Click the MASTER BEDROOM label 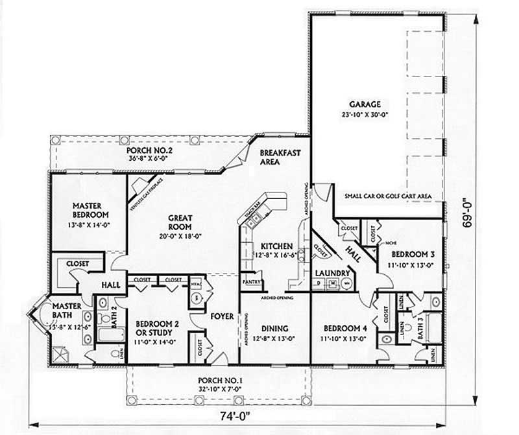(x=90, y=211)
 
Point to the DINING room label (x=276, y=329)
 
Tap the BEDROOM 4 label (x=341, y=329)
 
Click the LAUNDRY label (x=333, y=274)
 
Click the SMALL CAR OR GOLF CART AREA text (x=389, y=196)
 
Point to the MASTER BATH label (x=65, y=310)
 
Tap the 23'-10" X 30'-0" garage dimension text (x=366, y=113)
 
